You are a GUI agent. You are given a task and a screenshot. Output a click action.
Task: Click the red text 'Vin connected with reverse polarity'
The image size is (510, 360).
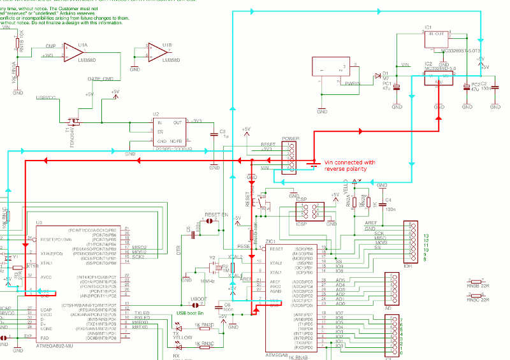[x=350, y=166]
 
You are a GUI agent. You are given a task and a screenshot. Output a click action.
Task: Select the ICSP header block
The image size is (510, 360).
[x=309, y=212]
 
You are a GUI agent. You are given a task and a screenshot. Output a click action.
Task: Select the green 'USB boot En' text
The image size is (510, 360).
[x=189, y=313]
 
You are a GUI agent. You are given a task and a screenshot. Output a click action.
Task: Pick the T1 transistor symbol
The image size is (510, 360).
[x=74, y=121]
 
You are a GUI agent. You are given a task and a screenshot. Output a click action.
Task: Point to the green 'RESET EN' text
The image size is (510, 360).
[x=216, y=215]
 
